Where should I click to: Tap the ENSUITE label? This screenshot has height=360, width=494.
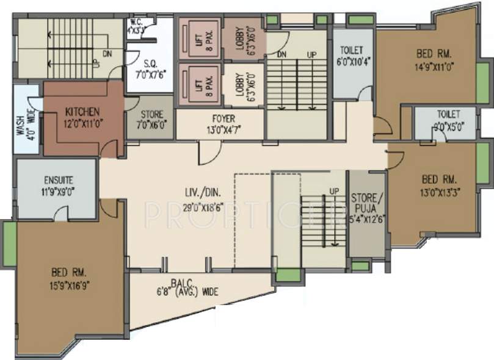point(59,181)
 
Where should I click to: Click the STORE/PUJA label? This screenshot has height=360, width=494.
point(366,201)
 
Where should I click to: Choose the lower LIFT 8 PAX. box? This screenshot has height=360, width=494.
point(197,84)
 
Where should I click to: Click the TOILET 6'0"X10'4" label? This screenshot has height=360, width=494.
point(352,55)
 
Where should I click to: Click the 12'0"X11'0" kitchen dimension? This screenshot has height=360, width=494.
point(82,122)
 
